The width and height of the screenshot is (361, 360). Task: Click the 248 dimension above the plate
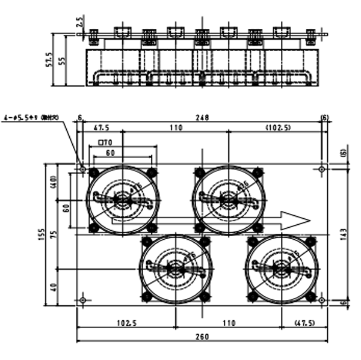[x=202, y=118]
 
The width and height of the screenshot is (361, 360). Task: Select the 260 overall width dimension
[x=202, y=337]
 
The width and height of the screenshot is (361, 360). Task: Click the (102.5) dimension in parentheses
[x=278, y=128]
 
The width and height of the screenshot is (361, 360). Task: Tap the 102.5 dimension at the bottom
[x=126, y=322]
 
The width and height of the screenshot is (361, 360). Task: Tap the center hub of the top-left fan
[x=123, y=198]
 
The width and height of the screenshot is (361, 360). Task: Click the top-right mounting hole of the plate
[x=322, y=169]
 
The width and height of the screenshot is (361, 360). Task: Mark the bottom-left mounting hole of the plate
[x=83, y=299]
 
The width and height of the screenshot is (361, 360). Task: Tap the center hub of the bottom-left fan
[x=175, y=268]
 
